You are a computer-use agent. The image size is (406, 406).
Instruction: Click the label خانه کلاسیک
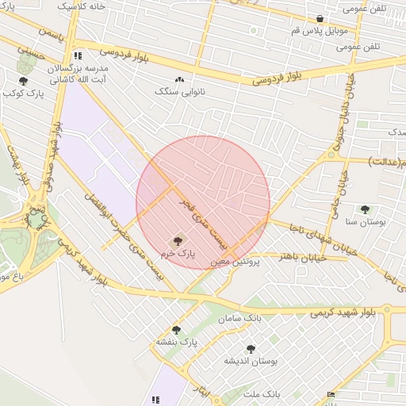(x=82, y=5)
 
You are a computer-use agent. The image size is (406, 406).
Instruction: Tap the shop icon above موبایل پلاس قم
(x=320, y=19)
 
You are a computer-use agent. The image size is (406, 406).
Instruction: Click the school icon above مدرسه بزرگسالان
(x=77, y=56)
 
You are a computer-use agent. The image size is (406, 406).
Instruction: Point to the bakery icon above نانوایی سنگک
(x=179, y=80)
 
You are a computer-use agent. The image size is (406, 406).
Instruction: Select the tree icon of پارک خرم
(x=177, y=240)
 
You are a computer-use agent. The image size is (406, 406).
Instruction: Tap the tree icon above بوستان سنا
(x=365, y=210)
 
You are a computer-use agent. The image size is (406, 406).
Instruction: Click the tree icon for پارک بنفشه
(x=176, y=330)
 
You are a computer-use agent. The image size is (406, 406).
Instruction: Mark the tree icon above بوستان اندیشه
(x=251, y=348)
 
